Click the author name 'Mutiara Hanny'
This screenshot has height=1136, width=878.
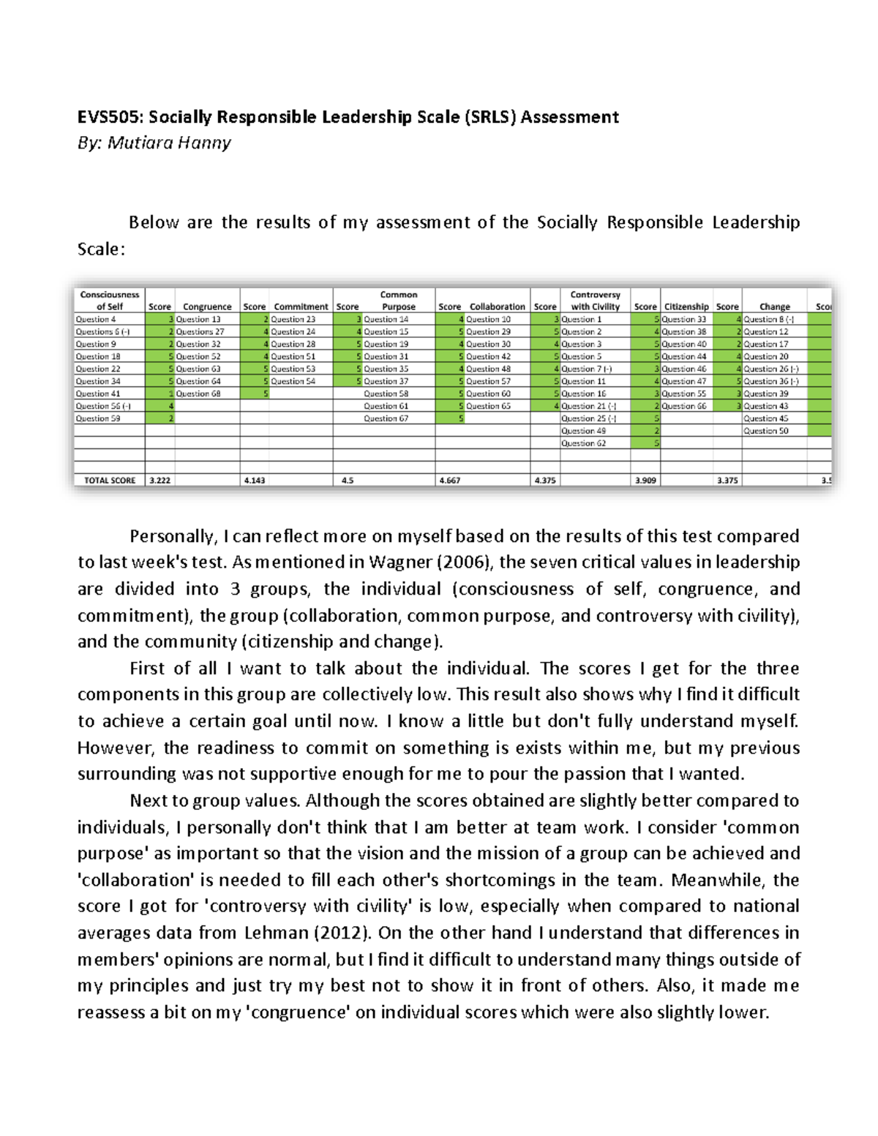(169, 143)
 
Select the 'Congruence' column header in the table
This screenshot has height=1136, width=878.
(207, 306)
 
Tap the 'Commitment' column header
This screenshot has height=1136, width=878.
(301, 306)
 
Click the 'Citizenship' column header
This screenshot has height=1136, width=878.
(686, 306)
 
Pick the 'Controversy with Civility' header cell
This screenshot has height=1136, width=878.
(595, 301)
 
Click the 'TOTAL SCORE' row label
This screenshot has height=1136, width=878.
(110, 481)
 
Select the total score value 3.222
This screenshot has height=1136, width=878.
(160, 481)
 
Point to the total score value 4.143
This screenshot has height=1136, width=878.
(255, 481)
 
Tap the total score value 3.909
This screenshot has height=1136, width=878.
(645, 481)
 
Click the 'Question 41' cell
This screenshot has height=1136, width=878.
(98, 394)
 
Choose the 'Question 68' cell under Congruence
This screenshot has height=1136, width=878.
(198, 394)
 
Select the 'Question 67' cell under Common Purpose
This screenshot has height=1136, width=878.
(386, 418)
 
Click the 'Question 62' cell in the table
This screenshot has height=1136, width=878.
(584, 443)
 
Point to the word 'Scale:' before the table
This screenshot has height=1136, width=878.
(102, 249)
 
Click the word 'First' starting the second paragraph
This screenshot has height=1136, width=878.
(148, 669)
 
